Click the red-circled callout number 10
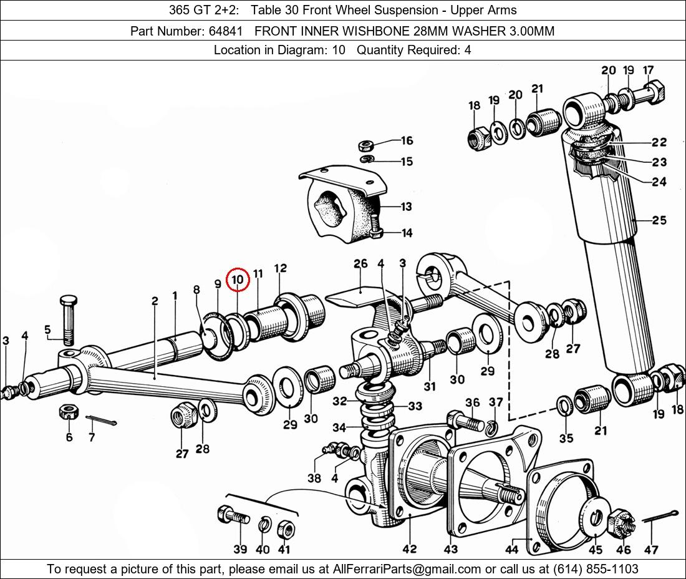click(238, 280)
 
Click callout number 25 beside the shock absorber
click(659, 220)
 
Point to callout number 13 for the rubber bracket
click(407, 206)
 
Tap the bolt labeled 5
click(69, 320)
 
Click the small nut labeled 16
click(365, 144)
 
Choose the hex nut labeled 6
click(69, 411)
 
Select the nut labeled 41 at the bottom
click(285, 530)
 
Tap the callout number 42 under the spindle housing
click(410, 548)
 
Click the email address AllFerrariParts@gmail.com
click(407, 569)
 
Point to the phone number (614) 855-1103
click(596, 569)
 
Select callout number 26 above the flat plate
click(361, 264)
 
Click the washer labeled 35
click(564, 406)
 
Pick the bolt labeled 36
click(465, 421)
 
